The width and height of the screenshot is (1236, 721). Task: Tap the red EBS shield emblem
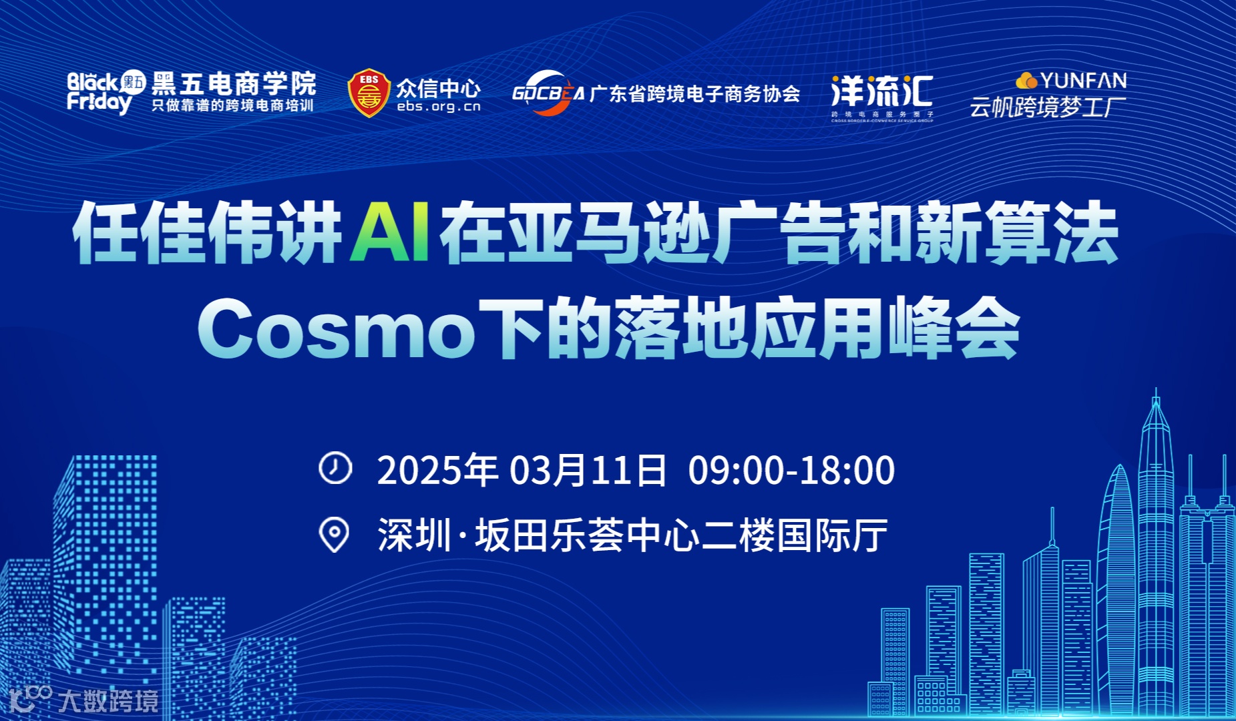(369, 93)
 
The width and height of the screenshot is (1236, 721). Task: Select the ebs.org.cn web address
(439, 107)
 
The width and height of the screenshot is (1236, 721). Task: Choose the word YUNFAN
(1083, 81)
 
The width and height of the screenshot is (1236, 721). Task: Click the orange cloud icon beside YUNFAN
(1026, 81)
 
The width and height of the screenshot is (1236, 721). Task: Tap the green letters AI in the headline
(391, 232)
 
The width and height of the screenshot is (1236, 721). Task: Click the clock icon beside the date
(335, 467)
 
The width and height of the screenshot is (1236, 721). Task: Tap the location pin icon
(334, 535)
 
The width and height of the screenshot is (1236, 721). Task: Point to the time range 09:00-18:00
(791, 470)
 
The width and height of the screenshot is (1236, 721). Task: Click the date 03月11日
(588, 470)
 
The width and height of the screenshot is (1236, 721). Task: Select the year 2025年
(437, 470)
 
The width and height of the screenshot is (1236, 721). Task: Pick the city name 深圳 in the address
(415, 535)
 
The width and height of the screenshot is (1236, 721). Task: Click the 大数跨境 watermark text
(108, 701)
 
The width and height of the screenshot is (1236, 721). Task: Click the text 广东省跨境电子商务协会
(694, 94)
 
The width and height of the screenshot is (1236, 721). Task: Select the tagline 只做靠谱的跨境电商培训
(232, 105)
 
